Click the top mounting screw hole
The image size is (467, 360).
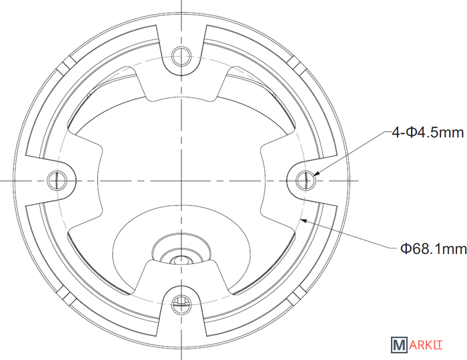point(181,56)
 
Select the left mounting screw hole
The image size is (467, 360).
point(57,180)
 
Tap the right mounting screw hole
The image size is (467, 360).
point(306,180)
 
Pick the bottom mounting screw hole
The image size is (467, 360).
point(181,305)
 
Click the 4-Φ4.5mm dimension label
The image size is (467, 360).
point(428,132)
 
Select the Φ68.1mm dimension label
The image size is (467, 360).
point(434,249)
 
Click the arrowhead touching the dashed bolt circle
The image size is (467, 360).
point(304,220)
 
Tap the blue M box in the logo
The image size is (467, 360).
point(399,345)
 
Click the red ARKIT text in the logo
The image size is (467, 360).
point(426,345)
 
